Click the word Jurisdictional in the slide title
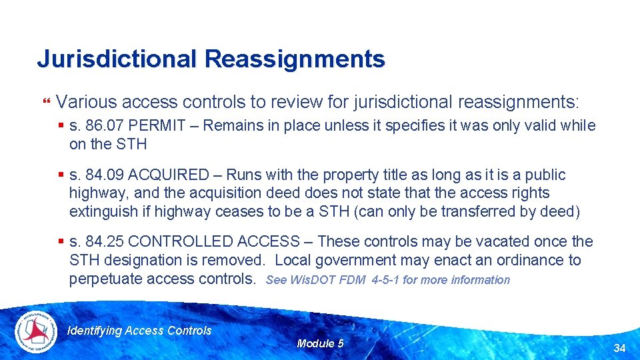[117, 59]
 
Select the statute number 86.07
[107, 126]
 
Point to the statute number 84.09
[107, 175]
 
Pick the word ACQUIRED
[168, 175]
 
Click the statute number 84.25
[107, 242]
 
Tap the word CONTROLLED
[177, 242]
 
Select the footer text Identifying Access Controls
[140, 331]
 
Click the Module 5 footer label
[320, 344]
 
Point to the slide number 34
[619, 348]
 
